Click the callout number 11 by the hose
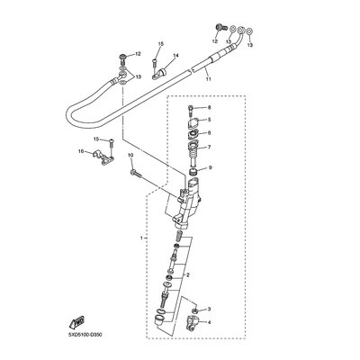[208, 79]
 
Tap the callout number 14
[175, 56]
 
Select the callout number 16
[81, 152]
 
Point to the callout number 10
[130, 155]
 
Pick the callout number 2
[188, 274]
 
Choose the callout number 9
[210, 167]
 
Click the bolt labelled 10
[135, 173]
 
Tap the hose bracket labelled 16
[103, 157]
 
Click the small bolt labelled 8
[191, 111]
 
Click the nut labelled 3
[194, 310]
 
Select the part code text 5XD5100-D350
[85, 335]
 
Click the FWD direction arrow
[77, 322]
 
